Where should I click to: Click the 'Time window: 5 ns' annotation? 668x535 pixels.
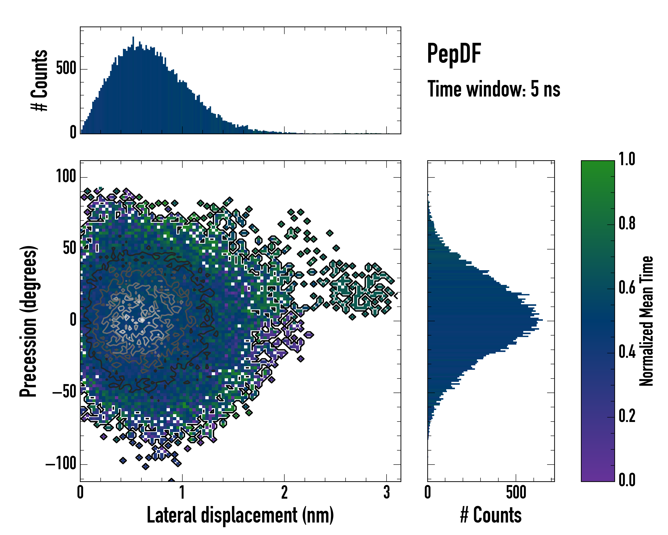[494, 89]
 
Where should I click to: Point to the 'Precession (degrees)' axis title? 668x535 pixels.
[29, 321]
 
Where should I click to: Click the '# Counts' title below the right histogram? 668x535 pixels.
[491, 515]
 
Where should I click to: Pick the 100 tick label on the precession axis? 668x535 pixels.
[66, 177]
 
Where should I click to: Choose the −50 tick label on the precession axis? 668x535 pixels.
[64, 392]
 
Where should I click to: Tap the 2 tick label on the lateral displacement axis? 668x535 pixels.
[284, 492]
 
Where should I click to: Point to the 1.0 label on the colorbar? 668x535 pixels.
[627, 159]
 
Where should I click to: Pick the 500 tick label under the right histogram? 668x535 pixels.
[516, 492]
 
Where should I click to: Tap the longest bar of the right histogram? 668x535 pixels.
[485, 320]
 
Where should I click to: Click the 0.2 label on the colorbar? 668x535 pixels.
[627, 416]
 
